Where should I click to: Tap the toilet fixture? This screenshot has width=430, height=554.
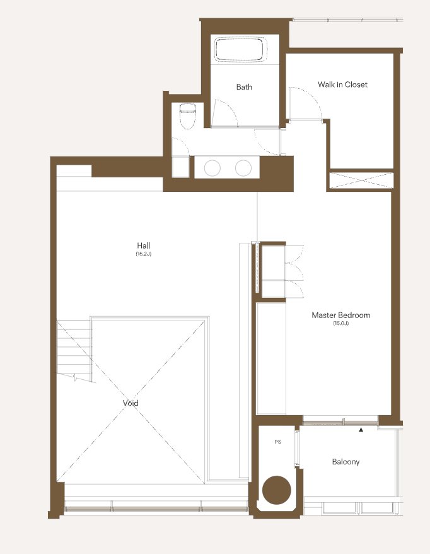(187, 116)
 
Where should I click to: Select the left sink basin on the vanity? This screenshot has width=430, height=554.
(212, 168)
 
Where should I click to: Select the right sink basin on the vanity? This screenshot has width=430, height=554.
(243, 168)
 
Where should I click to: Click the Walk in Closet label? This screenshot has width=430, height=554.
(342, 85)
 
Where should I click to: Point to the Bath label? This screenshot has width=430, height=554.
(244, 87)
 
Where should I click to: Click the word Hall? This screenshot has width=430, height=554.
(144, 245)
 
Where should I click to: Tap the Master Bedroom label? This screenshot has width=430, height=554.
(340, 315)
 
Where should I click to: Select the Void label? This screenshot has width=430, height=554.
(131, 403)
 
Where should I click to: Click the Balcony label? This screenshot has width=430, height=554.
(346, 462)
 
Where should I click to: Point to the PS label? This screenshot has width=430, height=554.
(278, 442)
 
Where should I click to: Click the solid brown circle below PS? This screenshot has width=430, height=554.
(277, 490)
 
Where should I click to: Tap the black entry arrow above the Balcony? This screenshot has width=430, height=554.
(361, 430)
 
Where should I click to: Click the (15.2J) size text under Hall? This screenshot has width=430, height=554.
(144, 254)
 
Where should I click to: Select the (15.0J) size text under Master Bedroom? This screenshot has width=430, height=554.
(340, 323)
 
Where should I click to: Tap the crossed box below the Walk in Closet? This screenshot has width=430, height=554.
(361, 180)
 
